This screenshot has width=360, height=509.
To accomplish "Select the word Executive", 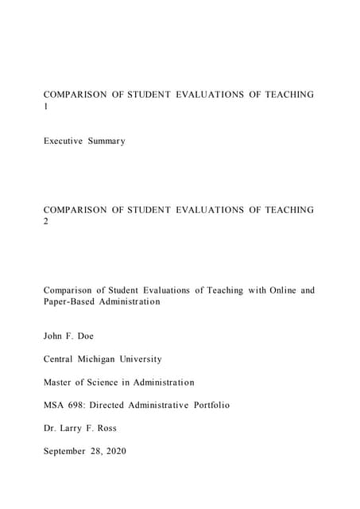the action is click(65, 141).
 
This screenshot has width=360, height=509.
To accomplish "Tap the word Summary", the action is click(107, 141).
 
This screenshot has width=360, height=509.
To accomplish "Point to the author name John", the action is click(54, 336).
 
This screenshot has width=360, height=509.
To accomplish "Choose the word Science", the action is click(114, 382).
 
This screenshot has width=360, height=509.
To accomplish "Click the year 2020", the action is click(136, 451).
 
